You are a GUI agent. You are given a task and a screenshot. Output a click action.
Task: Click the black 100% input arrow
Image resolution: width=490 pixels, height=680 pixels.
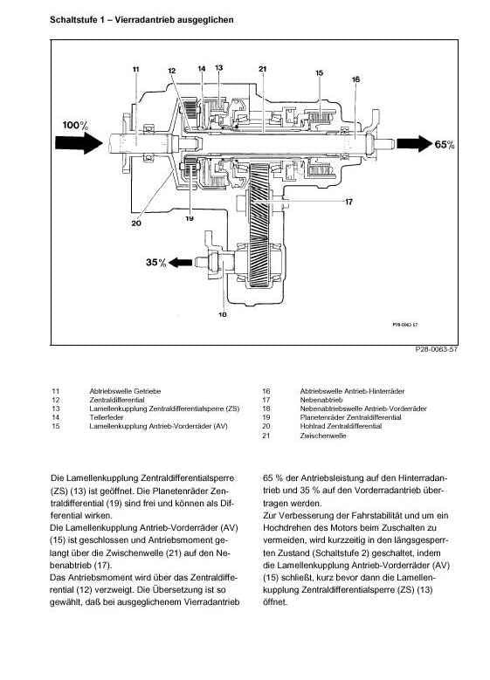79,143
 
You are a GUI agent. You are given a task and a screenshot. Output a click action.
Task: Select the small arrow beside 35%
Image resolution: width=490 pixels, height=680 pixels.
180,263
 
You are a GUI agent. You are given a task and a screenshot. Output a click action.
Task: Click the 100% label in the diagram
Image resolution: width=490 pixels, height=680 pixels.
75,126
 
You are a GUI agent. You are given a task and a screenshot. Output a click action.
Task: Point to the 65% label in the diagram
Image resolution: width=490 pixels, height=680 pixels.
444,144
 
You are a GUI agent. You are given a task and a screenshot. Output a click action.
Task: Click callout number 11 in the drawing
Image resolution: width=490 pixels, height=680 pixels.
136,69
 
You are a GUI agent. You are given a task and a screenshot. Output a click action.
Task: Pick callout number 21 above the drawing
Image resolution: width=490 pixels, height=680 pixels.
262,69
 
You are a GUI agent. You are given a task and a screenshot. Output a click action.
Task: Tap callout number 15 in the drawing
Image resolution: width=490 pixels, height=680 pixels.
320,72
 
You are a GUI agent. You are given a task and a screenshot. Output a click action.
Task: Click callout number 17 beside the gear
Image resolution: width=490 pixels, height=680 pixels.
349,202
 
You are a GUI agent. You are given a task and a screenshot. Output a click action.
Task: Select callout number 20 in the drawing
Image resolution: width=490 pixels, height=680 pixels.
136,223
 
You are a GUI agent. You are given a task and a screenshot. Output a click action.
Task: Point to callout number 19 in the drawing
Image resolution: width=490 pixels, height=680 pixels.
190,218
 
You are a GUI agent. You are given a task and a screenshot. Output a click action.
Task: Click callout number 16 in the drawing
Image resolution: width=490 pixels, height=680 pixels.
355,79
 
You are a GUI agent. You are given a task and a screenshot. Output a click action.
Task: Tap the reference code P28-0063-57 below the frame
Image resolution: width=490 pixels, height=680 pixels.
436,349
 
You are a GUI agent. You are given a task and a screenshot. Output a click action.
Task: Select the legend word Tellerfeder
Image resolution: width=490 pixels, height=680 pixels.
107,417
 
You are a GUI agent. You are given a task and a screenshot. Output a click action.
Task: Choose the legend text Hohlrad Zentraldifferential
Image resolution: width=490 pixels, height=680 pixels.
341,426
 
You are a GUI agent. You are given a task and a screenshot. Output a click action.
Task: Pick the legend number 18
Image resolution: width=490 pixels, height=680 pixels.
266,409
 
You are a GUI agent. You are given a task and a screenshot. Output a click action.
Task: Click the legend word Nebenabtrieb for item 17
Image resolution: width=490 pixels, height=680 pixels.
321,400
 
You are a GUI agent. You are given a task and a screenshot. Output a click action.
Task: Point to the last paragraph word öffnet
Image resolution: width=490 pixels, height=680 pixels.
275,602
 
